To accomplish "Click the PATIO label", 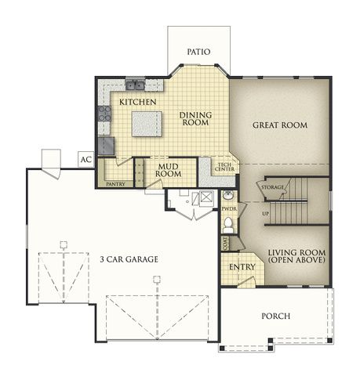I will [198, 52].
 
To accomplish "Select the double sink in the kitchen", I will [135, 85].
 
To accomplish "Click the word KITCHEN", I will [138, 102].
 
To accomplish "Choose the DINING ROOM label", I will [195, 119].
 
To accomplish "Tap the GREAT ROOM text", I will [279, 125].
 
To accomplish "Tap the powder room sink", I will [227, 196].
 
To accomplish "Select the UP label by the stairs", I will [266, 212].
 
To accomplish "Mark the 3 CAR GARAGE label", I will [129, 258].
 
